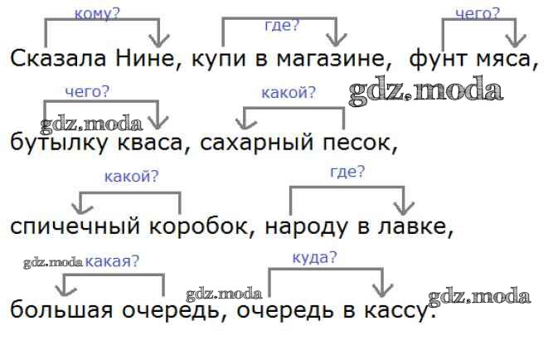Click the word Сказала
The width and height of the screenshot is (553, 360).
pyautogui.click(x=58, y=58)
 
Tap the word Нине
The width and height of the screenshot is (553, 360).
pyautogui.click(x=145, y=58)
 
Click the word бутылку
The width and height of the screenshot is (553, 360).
pyautogui.click(x=59, y=143)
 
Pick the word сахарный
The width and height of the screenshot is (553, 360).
pyautogui.click(x=257, y=143)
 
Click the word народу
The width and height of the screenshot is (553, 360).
pyautogui.click(x=306, y=226)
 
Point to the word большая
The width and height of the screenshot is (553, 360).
pyautogui.click(x=61, y=310)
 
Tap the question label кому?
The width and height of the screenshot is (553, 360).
pyautogui.click(x=97, y=14)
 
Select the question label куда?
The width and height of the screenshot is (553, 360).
pyautogui.click(x=314, y=258)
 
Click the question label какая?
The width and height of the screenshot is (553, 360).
pyautogui.click(x=112, y=261)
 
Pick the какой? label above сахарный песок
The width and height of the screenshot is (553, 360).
pyautogui.click(x=289, y=93)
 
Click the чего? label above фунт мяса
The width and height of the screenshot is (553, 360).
pyautogui.click(x=478, y=14)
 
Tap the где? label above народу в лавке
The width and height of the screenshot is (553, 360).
pyautogui.click(x=347, y=172)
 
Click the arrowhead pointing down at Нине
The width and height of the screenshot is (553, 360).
pyautogui.click(x=159, y=41)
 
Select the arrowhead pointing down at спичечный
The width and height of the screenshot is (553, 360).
pyautogui.click(x=82, y=207)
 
